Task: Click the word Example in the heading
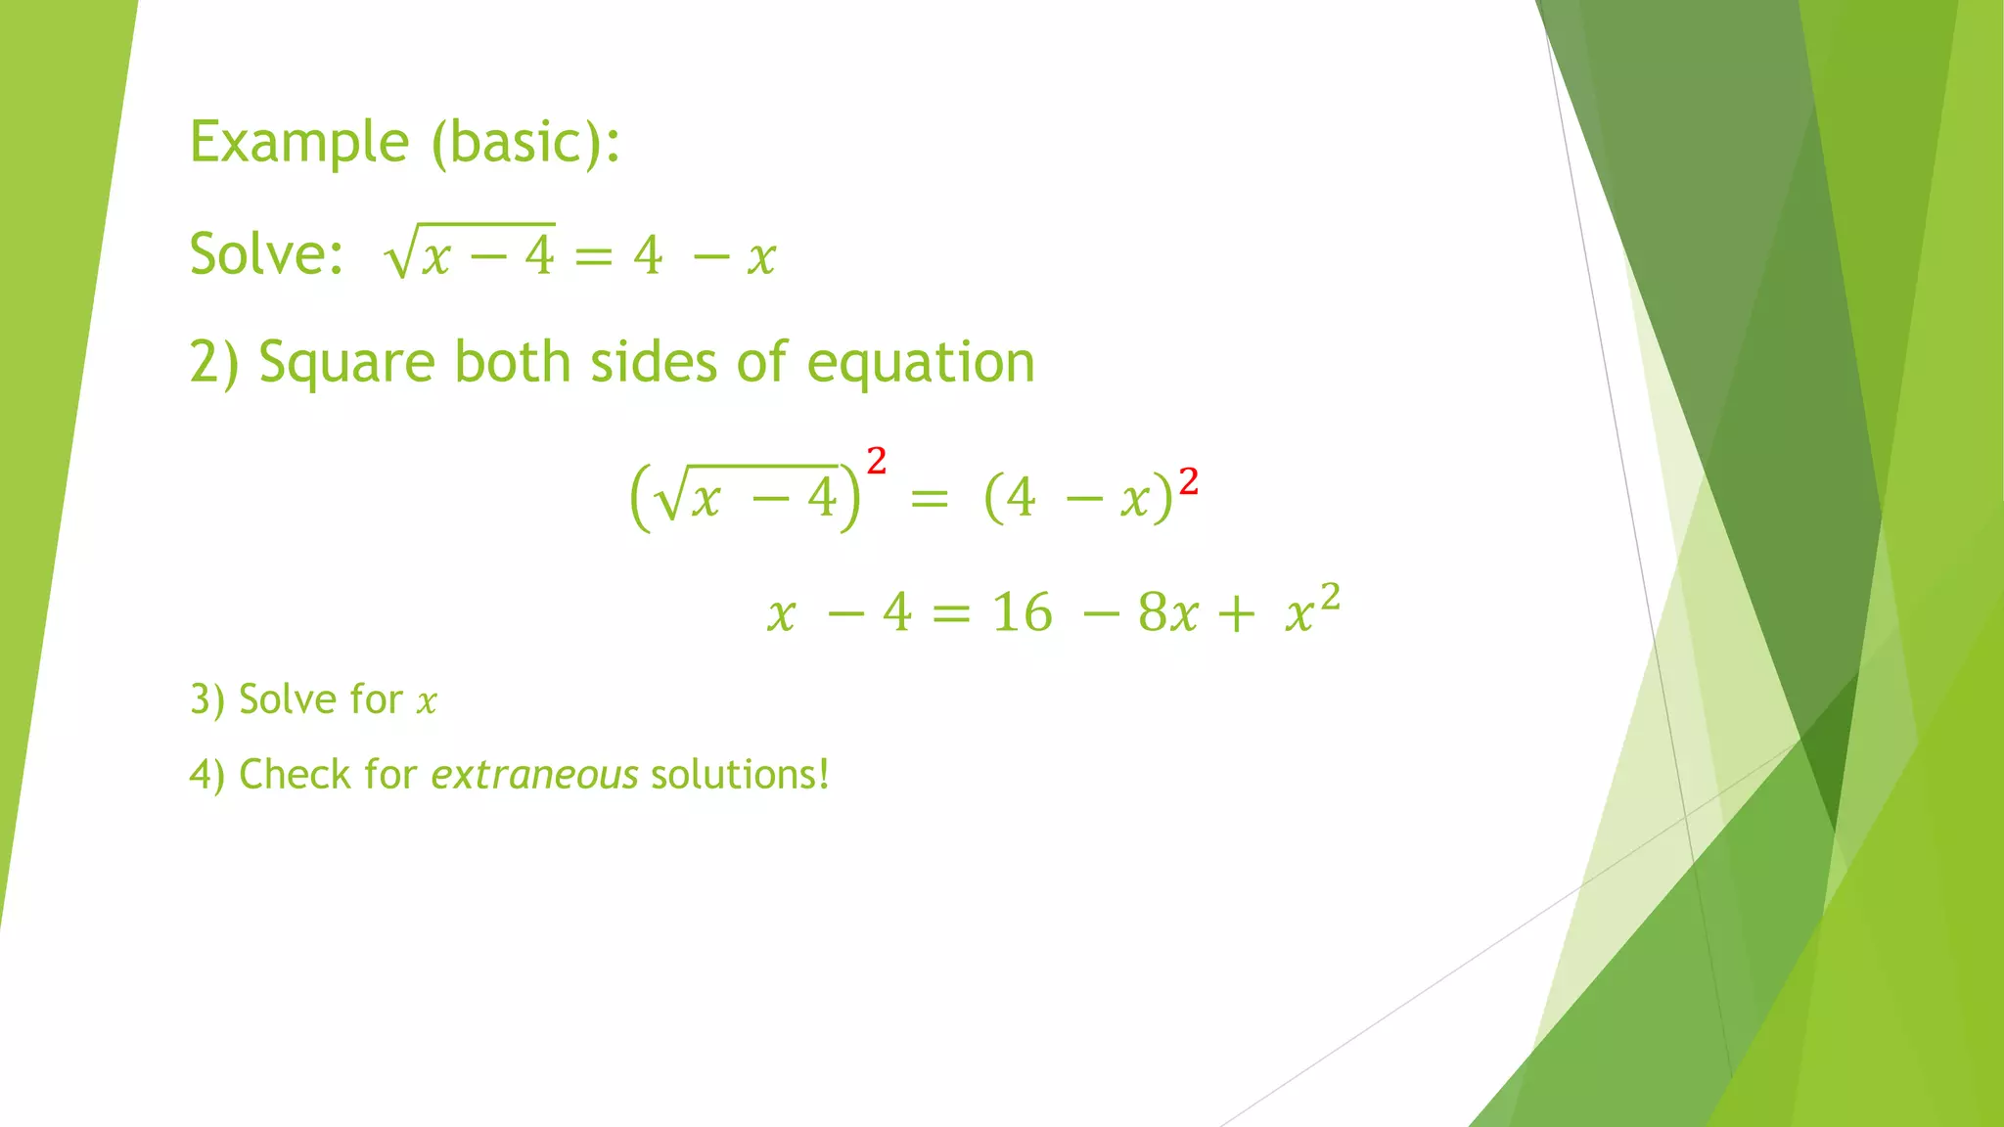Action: click(x=298, y=143)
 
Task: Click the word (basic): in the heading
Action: click(x=526, y=143)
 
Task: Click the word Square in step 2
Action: click(x=346, y=364)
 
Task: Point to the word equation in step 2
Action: click(x=920, y=364)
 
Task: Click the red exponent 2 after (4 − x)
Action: click(x=1188, y=482)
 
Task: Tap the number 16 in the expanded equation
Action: click(x=1022, y=613)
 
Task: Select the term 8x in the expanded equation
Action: click(x=1167, y=613)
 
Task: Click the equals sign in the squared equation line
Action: click(x=929, y=499)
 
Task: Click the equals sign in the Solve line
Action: click(x=593, y=257)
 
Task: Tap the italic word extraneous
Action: click(x=534, y=775)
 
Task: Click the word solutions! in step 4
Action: click(x=740, y=775)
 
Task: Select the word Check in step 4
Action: click(x=295, y=775)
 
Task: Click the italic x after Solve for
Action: click(x=427, y=702)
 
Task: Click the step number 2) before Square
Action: click(x=213, y=364)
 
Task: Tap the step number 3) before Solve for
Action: click(x=207, y=700)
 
